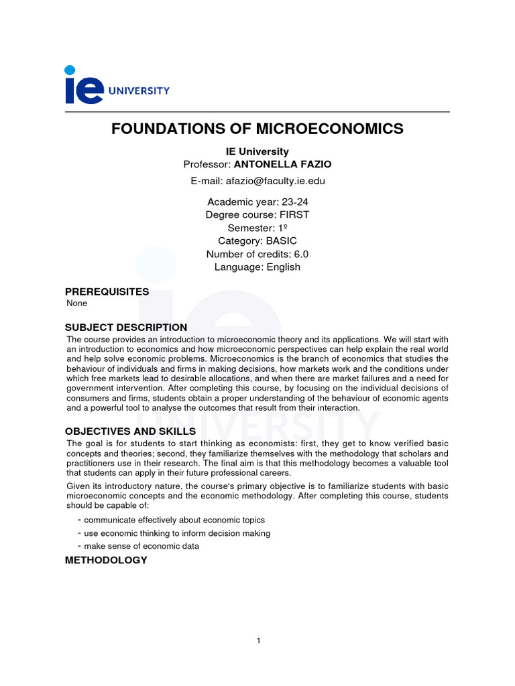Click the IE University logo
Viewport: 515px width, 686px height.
(117, 85)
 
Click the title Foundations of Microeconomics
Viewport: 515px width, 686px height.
(257, 128)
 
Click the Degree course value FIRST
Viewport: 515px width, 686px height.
(294, 214)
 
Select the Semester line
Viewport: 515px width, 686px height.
(257, 228)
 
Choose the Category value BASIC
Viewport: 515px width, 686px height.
(281, 241)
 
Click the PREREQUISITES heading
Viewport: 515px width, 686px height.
(107, 292)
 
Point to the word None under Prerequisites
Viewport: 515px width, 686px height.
(77, 303)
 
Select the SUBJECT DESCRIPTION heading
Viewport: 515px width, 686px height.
(126, 328)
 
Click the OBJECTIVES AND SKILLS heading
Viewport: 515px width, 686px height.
(130, 431)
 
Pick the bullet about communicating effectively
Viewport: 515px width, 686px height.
(174, 520)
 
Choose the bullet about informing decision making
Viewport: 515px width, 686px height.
(177, 533)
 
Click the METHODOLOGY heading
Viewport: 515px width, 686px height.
(106, 560)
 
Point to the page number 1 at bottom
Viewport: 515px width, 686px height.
(258, 641)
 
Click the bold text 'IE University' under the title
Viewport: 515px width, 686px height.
(257, 151)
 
